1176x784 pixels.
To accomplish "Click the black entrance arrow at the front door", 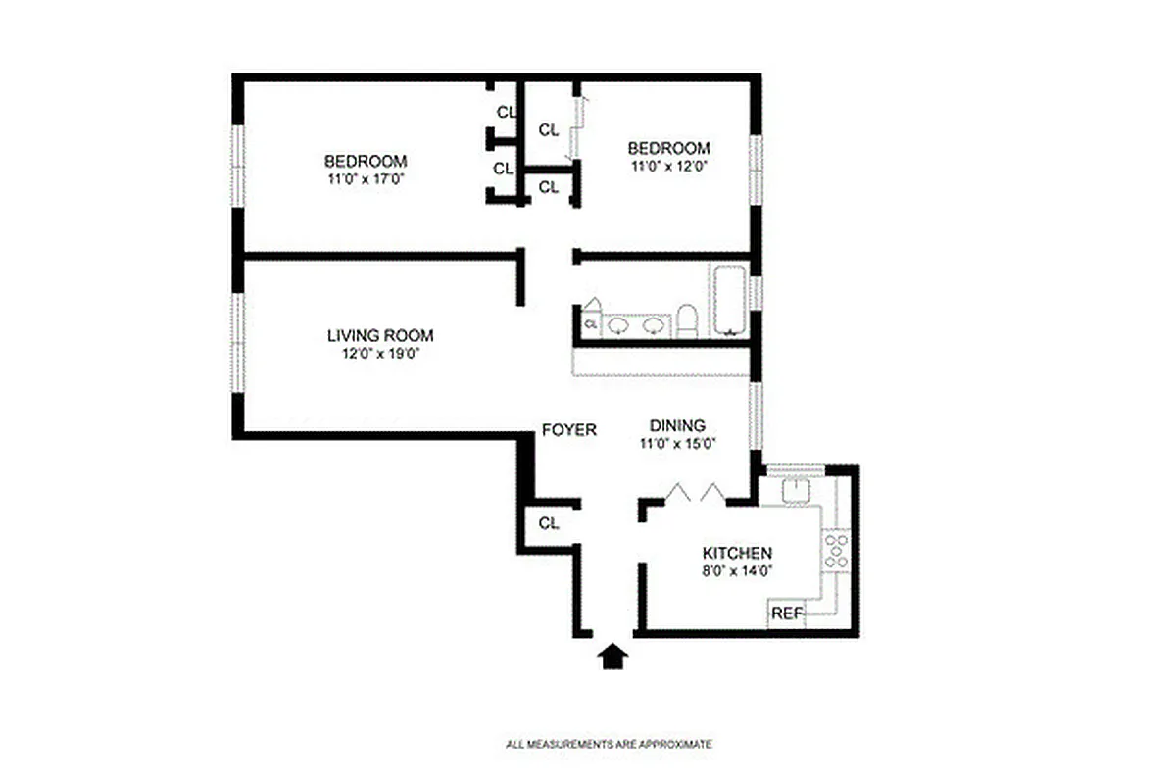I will click(612, 656).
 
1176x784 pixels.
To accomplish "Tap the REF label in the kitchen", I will click(787, 613).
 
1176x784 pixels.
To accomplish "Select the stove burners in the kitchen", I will click(836, 550).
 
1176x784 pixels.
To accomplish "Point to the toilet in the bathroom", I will click(687, 320).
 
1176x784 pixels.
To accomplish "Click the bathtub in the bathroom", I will click(728, 298).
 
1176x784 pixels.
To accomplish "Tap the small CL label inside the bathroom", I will click(591, 322).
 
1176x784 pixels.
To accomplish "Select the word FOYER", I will click(569, 429).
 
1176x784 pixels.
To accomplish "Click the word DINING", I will click(677, 425).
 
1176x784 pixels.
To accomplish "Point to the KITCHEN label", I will click(737, 553).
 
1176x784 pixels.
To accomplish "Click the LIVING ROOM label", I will click(380, 335).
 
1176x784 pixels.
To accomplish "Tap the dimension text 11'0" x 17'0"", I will click(366, 179).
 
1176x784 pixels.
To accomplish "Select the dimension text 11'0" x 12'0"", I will click(668, 166).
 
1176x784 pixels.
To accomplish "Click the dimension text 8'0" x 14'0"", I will click(737, 570).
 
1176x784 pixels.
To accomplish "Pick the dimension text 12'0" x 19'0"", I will click(380, 353).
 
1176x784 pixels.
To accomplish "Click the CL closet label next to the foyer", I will click(549, 523).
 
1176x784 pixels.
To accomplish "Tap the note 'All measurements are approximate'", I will click(609, 744).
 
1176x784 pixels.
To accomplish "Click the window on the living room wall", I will click(236, 342).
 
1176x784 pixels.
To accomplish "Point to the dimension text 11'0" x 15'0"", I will click(677, 443).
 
